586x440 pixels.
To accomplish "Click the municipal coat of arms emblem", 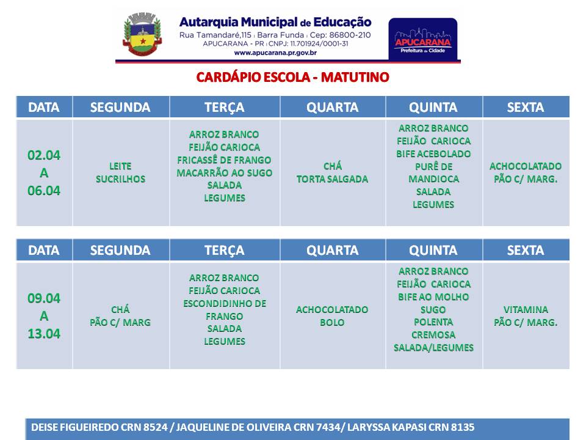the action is (142, 34).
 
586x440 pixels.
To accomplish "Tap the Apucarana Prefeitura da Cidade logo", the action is (422, 39).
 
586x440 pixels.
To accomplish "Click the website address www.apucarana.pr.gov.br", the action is (275, 53).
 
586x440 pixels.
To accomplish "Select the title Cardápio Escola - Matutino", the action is (292, 77).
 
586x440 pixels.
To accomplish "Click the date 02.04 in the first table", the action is (44, 155).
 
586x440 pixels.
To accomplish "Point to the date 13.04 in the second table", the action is (44, 334).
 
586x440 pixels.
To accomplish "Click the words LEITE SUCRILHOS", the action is (120, 172).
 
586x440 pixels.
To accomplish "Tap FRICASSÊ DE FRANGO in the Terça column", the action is (224, 160).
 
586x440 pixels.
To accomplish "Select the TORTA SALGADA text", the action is (332, 179).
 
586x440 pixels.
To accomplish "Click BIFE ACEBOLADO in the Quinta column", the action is (433, 154).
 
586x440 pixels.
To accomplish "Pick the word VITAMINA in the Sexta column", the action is (526, 309).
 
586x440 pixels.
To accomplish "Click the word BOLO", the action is (332, 322).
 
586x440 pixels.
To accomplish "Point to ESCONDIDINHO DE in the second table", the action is (225, 304).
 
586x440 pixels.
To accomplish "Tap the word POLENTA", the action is (433, 322).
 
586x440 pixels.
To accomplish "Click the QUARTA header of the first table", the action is (332, 108).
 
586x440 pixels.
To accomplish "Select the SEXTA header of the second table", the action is (526, 251).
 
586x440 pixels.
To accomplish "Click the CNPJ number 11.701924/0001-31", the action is (319, 44).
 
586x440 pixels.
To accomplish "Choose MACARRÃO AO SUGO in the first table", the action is (224, 173).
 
